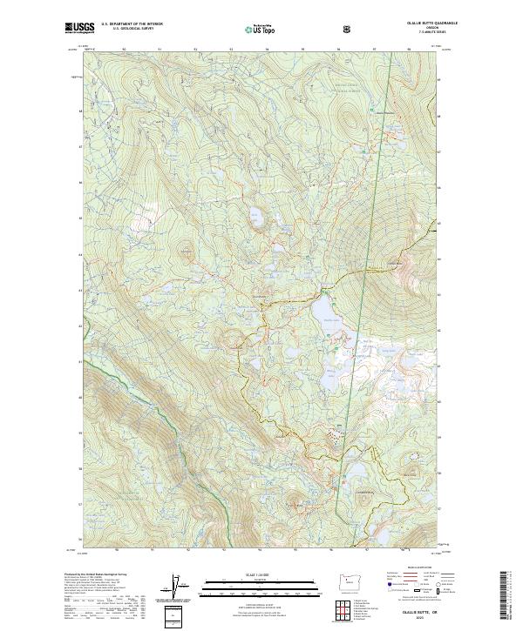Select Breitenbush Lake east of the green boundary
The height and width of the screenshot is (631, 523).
point(358,471)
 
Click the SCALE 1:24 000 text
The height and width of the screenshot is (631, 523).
point(248,574)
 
